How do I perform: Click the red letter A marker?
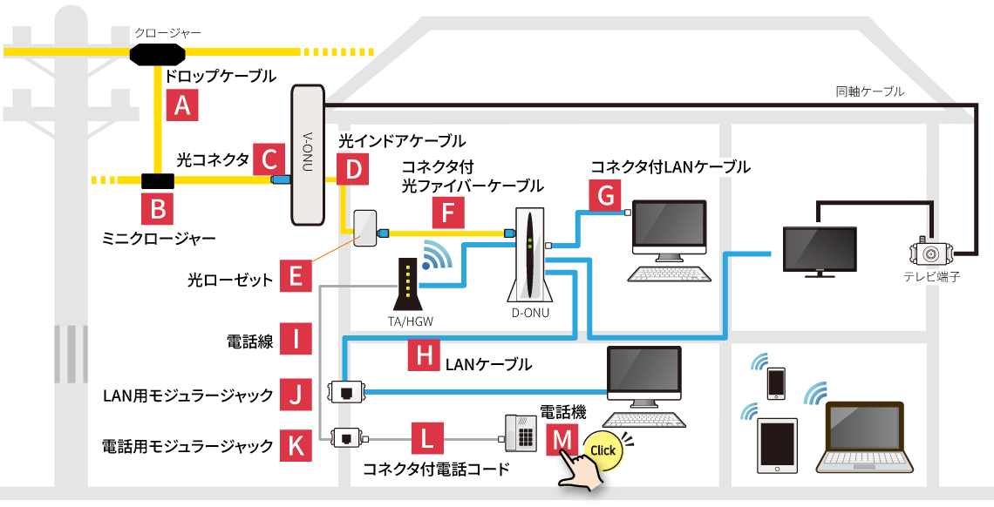point(182,105)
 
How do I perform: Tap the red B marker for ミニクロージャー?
point(158,209)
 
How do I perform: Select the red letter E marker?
point(296,278)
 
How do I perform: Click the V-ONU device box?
point(307,154)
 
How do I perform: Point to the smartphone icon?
point(775,383)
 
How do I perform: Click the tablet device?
point(778,445)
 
